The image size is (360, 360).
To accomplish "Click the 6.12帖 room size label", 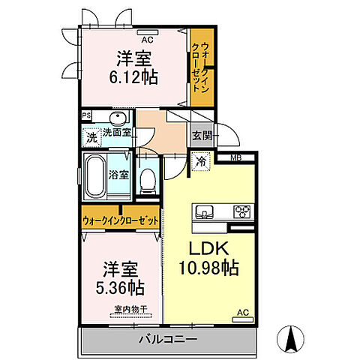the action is point(133,77).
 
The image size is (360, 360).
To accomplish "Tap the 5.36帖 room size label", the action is point(120,287).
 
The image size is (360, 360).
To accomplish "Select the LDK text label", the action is point(208,248).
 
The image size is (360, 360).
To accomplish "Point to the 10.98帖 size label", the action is point(208,268).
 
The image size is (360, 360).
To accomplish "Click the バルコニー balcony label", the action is point(168,339).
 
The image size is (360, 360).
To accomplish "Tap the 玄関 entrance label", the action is point(202,136).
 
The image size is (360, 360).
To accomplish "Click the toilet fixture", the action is point(148,181).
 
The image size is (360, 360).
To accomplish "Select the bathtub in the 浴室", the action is point(94,175).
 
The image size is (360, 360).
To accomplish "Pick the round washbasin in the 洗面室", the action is point(118,118).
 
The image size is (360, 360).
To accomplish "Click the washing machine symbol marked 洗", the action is point(92,137).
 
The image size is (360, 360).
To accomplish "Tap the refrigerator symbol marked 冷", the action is point(201,161).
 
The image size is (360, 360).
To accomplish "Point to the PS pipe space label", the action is point(86,115).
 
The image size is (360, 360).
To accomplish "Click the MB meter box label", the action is point(235,157).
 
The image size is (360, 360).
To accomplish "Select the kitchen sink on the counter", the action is point(205,212).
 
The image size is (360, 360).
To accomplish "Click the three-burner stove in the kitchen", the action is point(242,212).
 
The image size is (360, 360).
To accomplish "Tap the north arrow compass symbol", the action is point(290,338).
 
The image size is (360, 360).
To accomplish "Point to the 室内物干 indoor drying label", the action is point(130,309).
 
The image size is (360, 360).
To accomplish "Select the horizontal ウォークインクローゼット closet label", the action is point(121,221).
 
